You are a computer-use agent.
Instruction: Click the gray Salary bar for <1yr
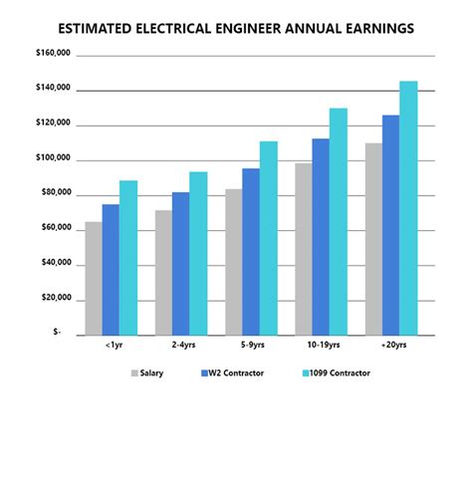point(93,279)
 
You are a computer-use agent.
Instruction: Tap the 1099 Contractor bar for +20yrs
point(408,208)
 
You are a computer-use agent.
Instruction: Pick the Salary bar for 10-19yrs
point(303,249)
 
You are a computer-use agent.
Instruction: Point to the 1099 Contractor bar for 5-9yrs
point(268,238)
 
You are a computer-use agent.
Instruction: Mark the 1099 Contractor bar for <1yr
point(127,258)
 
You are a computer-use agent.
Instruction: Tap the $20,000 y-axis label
point(52,299)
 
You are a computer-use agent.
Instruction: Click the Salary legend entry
point(147,373)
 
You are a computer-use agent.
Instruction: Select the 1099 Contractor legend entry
point(337,373)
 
